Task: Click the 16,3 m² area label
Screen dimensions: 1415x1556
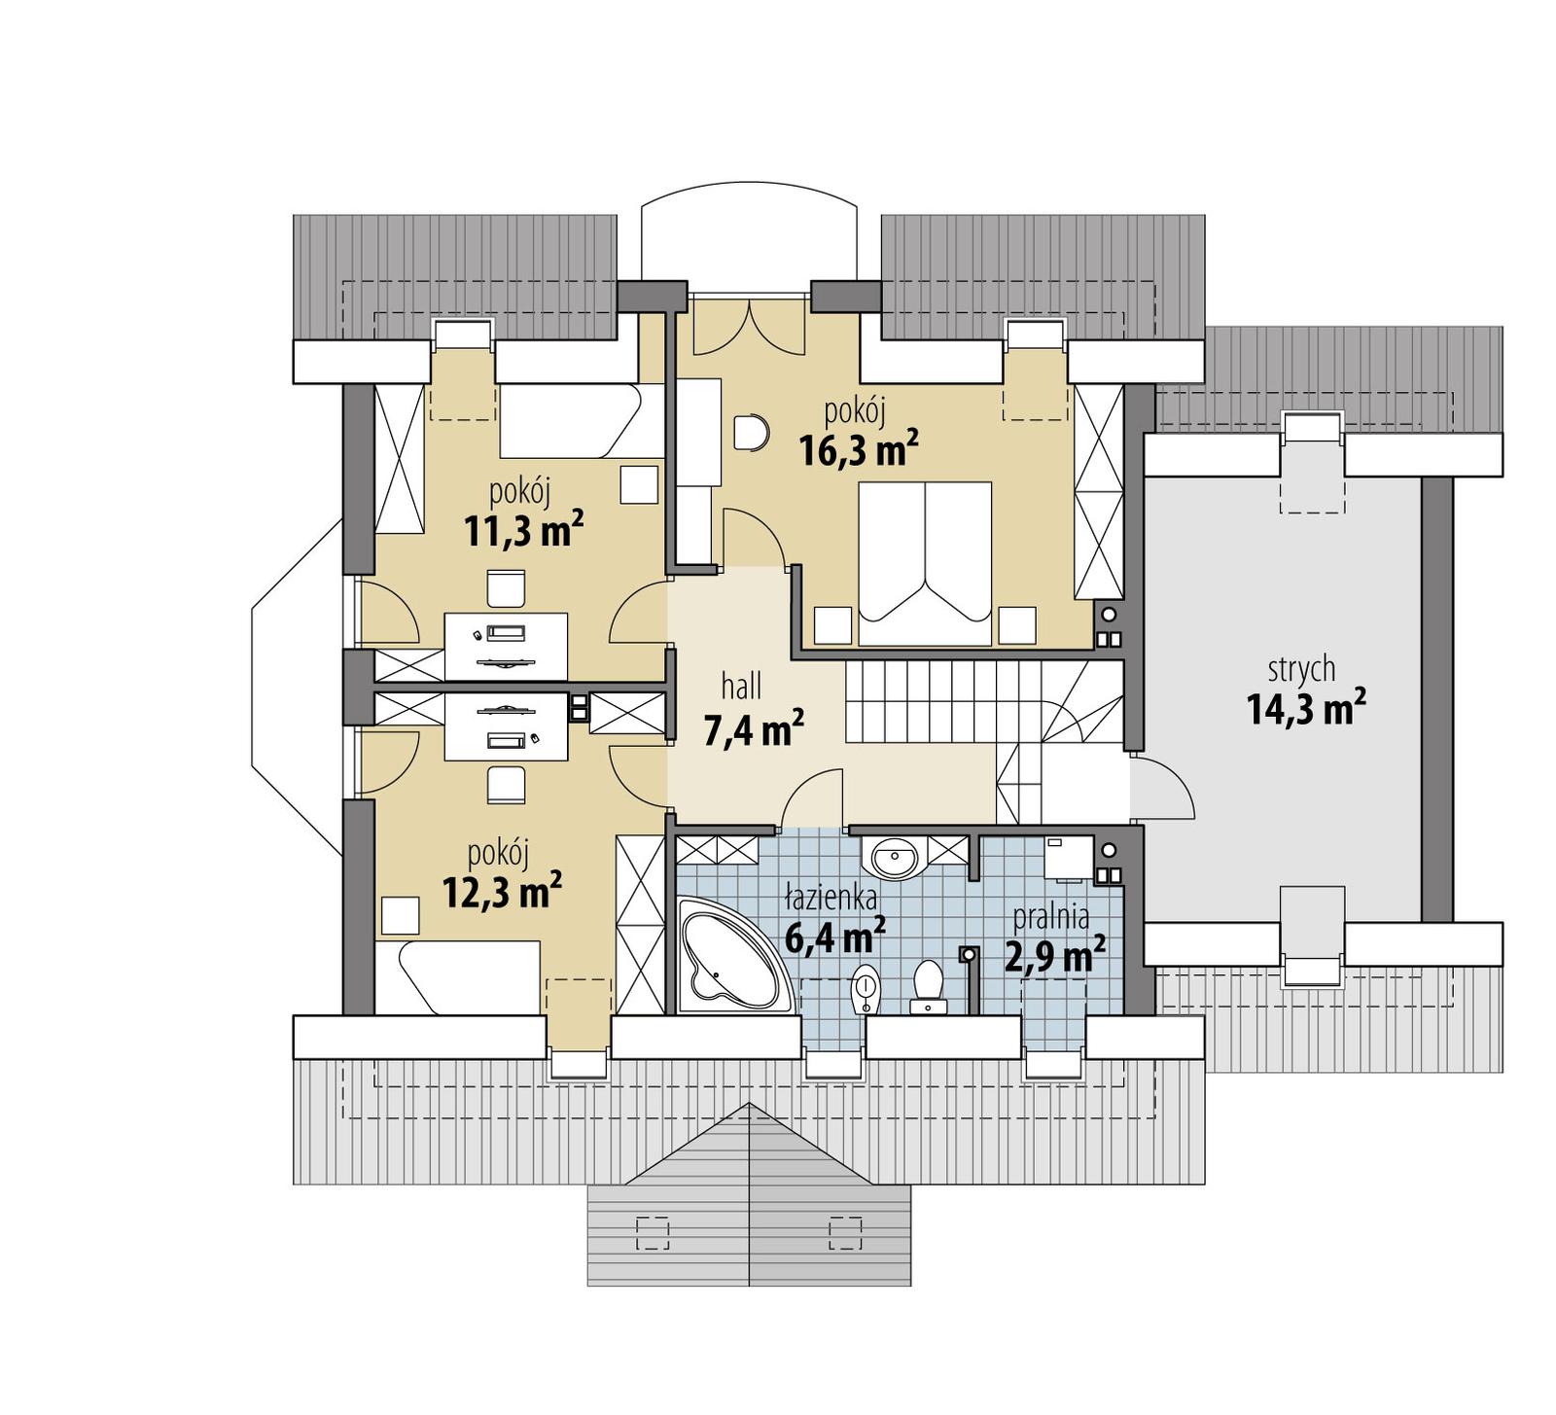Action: pyautogui.click(x=858, y=450)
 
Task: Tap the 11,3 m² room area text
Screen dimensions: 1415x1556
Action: pyautogui.click(x=523, y=530)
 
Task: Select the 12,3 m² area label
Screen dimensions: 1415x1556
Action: pyautogui.click(x=502, y=891)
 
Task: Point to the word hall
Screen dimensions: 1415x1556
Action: pyautogui.click(x=741, y=688)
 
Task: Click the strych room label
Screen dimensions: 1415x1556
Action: pyautogui.click(x=1301, y=670)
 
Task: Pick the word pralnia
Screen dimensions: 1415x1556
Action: pyautogui.click(x=1050, y=916)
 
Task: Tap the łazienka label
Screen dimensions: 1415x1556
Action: pyautogui.click(x=831, y=898)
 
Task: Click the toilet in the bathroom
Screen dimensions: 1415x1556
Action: pyautogui.click(x=929, y=986)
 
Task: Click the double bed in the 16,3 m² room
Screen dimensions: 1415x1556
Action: pyautogui.click(x=925, y=563)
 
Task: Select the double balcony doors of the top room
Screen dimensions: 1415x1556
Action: pyautogui.click(x=749, y=327)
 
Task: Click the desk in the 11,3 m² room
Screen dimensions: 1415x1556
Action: pyautogui.click(x=506, y=647)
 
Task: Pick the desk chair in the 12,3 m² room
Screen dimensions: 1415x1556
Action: pyautogui.click(x=506, y=784)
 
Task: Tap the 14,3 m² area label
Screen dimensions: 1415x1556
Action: pyautogui.click(x=1305, y=709)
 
